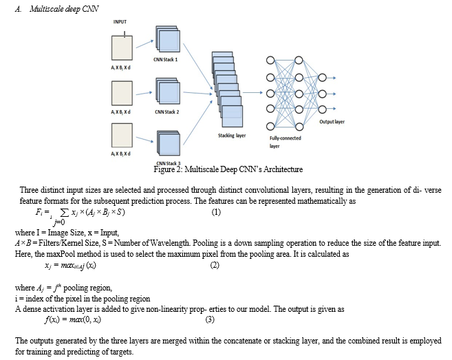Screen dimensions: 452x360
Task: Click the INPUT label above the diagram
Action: click(x=120, y=21)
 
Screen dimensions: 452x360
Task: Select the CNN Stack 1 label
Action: click(x=166, y=59)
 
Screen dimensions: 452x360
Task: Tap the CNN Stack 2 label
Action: click(x=167, y=112)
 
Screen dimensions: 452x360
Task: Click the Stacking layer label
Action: click(x=232, y=136)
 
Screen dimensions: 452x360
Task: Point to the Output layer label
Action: click(x=332, y=121)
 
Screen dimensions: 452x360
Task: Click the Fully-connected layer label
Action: click(x=285, y=142)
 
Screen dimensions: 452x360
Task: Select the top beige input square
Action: click(x=122, y=48)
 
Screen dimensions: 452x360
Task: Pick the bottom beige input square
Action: click(x=122, y=136)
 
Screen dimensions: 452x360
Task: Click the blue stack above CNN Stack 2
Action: click(x=168, y=91)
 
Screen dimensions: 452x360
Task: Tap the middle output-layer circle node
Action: click(x=322, y=94)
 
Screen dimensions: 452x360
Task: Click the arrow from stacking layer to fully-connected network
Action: click(x=252, y=93)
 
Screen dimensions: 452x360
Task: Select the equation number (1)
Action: click(x=216, y=212)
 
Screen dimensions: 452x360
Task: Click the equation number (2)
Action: click(x=215, y=265)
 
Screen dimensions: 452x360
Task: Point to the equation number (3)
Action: click(x=210, y=319)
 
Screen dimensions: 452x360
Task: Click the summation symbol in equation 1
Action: click(x=65, y=212)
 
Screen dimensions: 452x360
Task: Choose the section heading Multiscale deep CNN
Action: click(x=64, y=9)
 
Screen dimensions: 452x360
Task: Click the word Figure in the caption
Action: click(x=164, y=169)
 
